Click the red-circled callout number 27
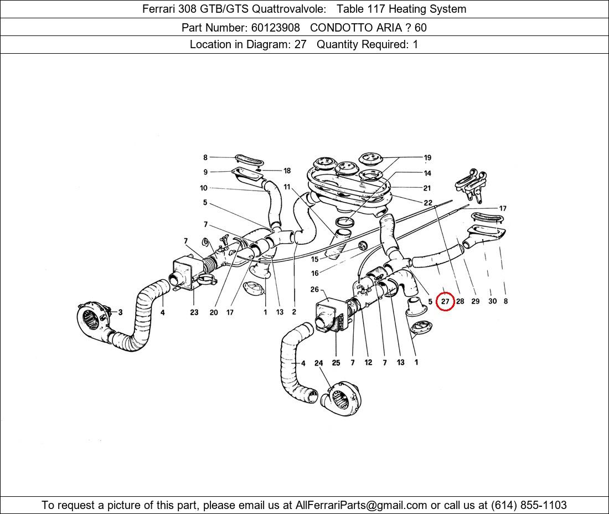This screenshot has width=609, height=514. click(445, 301)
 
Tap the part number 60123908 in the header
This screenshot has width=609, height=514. click(275, 28)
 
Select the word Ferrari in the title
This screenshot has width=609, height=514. click(159, 9)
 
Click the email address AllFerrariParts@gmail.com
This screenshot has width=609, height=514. click(361, 505)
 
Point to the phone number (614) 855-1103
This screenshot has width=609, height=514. click(529, 505)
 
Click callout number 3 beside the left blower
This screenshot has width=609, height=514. click(120, 312)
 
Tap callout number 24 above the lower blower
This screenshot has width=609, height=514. click(318, 363)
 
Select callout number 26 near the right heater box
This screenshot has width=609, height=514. click(314, 289)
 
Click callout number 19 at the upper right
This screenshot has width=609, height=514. click(427, 157)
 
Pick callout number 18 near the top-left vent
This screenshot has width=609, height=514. click(287, 171)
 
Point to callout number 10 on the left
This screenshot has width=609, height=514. click(204, 188)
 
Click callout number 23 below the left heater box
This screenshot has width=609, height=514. click(194, 312)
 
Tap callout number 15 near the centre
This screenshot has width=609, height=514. click(314, 259)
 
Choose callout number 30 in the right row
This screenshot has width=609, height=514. click(492, 301)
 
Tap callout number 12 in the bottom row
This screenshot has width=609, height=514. click(368, 362)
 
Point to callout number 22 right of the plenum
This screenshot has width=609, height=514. click(427, 202)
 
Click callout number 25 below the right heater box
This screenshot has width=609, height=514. click(336, 362)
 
